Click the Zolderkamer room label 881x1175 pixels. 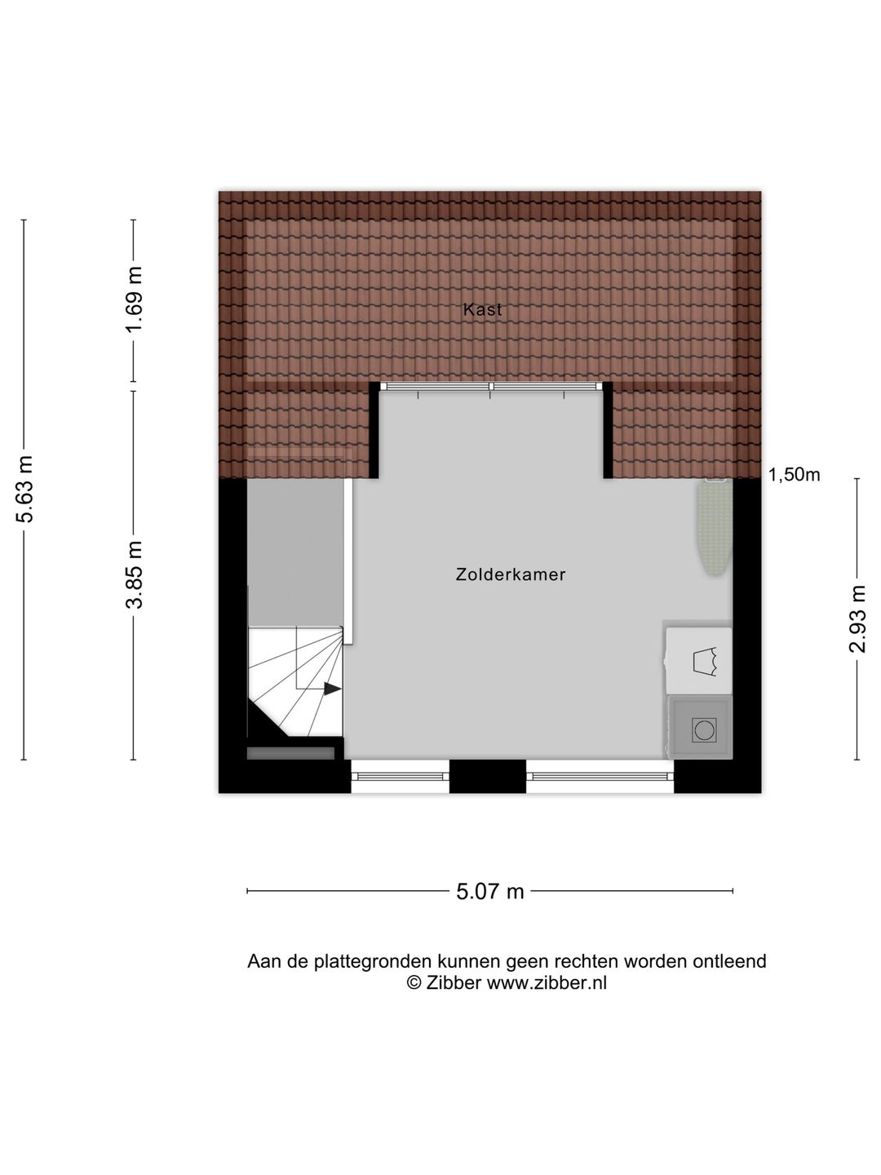[511, 574]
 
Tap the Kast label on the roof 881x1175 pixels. [482, 309]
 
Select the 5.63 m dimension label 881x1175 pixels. [26, 489]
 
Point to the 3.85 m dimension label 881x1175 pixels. [135, 574]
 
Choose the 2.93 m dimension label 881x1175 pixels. [857, 619]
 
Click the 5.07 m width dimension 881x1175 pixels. [489, 891]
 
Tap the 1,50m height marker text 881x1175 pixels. [794, 475]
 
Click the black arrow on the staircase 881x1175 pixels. [331, 689]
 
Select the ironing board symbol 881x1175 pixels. [715, 528]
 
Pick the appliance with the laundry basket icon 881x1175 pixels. [700, 660]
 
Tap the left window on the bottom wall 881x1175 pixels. [400, 776]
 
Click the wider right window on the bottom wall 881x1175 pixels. [600, 776]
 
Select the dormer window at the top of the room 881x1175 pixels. [491, 387]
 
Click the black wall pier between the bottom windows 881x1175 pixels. [488, 776]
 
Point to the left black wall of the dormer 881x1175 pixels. [374, 431]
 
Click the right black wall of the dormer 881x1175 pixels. [608, 431]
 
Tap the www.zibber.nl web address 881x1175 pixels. [547, 982]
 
